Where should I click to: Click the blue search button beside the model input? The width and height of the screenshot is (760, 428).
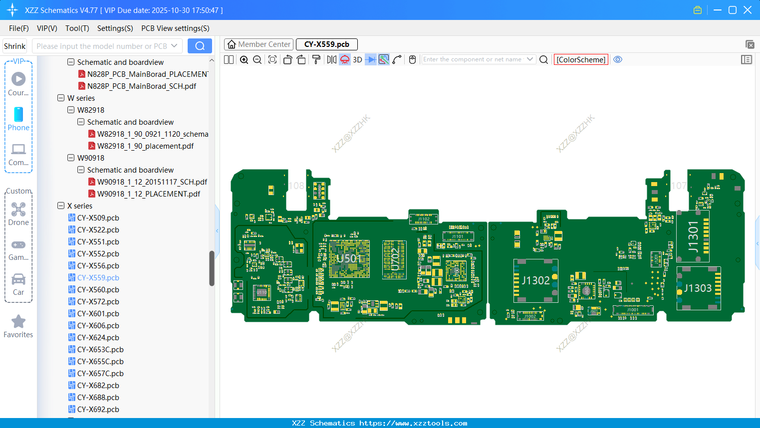200,46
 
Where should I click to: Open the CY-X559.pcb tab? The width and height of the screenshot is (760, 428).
326,44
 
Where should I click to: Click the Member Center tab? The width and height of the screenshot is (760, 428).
258,44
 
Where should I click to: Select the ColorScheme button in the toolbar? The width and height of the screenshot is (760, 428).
581,59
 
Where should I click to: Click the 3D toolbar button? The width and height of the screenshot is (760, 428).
357,59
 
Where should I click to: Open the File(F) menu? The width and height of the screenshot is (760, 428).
19,28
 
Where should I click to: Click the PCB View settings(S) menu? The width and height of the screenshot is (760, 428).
175,28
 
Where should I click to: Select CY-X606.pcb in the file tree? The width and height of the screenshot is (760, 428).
98,326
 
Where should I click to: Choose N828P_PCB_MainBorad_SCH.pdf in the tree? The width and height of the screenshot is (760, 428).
142,86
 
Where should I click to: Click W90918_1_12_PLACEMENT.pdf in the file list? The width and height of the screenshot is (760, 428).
148,194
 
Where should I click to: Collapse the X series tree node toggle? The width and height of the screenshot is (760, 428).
61,206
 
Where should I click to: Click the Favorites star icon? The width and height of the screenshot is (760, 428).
18,322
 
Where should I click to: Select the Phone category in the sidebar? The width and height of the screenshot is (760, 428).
18,119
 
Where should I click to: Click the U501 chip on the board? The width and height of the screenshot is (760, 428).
349,258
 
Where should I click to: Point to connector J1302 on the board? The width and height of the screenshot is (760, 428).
535,280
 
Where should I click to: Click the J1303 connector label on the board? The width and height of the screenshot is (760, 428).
698,288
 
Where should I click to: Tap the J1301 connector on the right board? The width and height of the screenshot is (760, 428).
693,236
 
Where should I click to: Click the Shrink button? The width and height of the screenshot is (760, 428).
14,46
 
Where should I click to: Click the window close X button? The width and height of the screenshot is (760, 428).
748,10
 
